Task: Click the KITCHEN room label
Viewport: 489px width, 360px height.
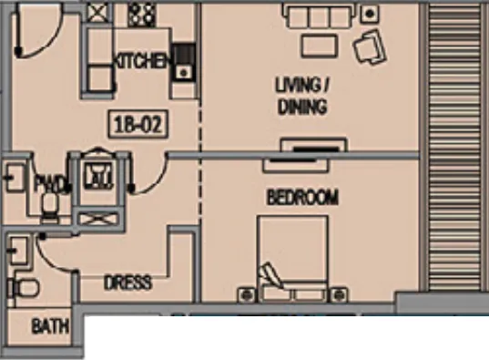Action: click(x=140, y=62)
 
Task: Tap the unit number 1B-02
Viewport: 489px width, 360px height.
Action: click(x=139, y=124)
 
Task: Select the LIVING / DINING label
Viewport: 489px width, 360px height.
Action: click(x=301, y=96)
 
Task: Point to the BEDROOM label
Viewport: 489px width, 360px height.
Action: click(x=302, y=197)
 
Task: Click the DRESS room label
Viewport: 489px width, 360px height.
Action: click(x=127, y=283)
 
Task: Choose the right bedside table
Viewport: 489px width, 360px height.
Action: click(x=339, y=293)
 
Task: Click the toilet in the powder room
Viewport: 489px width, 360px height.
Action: click(x=52, y=205)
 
